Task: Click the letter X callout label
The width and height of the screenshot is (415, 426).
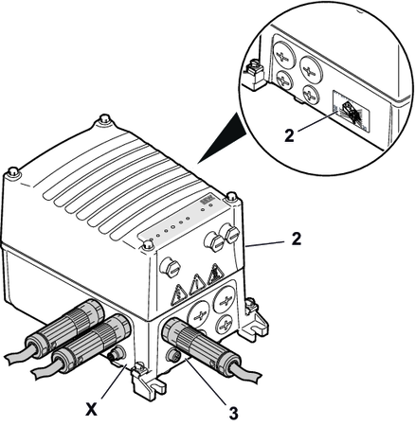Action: pyautogui.click(x=91, y=410)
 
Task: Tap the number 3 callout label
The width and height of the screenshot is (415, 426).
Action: pyautogui.click(x=233, y=413)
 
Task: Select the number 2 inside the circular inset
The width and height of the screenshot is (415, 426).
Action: pyautogui.click(x=289, y=135)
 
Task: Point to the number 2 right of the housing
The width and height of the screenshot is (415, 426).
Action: pyautogui.click(x=296, y=240)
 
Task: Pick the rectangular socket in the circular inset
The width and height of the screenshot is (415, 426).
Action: pyautogui.click(x=350, y=111)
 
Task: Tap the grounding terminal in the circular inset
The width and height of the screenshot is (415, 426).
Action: pyautogui.click(x=253, y=75)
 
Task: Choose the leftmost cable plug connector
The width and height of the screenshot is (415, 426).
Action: pyautogui.click(x=64, y=329)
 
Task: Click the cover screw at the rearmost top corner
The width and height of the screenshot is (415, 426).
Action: pyautogui.click(x=104, y=119)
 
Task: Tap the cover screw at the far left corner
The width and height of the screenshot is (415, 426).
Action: pyautogui.click(x=13, y=172)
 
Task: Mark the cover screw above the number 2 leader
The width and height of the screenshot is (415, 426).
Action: pyautogui.click(x=231, y=197)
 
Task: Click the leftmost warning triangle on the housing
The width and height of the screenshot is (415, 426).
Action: pyautogui.click(x=179, y=295)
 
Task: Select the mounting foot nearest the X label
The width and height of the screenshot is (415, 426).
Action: pyautogui.click(x=146, y=381)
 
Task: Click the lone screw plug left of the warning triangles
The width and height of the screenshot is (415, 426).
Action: pyautogui.click(x=170, y=267)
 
